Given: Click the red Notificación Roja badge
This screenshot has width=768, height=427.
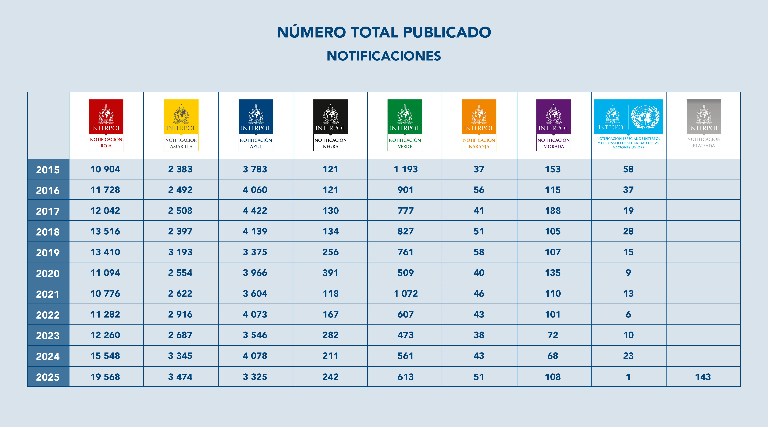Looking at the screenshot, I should (106, 125).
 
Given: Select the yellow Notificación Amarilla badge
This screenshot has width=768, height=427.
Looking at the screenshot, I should (181, 125).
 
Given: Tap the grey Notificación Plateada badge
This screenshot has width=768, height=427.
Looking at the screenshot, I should (704, 125).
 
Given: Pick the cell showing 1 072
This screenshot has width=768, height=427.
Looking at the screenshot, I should (406, 294).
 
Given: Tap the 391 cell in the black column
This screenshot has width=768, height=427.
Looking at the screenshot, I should (330, 273).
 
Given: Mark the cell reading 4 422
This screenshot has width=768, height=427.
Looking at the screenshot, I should (255, 211).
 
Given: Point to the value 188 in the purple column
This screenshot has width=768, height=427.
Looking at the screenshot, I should (553, 211).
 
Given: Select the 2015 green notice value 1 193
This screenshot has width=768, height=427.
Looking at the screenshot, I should (406, 169).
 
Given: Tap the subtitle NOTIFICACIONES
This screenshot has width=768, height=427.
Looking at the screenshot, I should (384, 56).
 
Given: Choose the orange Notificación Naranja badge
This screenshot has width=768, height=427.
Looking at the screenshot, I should (479, 125).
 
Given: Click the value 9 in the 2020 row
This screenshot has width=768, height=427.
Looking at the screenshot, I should (628, 273).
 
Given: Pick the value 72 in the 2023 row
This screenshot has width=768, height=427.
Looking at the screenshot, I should (553, 335).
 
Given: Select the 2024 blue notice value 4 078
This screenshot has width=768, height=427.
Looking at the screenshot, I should (255, 356).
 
